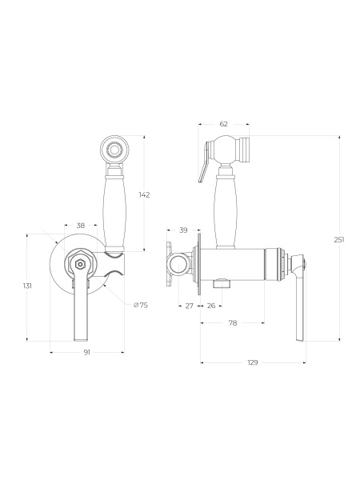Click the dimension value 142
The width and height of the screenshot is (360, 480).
[x=144, y=194]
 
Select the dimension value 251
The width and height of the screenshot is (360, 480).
[x=339, y=239]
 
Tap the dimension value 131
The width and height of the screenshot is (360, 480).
[x=27, y=286]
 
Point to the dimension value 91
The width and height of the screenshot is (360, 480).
[x=87, y=352]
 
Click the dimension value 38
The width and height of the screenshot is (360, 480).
[x=81, y=226]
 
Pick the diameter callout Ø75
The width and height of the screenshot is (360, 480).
[x=141, y=305]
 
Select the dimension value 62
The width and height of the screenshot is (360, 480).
[x=224, y=124]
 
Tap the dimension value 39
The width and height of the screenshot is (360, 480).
[x=183, y=230]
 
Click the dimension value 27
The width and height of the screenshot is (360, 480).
[x=190, y=306]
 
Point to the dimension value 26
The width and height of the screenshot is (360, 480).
[x=211, y=306]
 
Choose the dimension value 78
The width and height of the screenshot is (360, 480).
[x=233, y=323]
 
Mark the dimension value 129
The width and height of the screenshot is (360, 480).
[x=253, y=362]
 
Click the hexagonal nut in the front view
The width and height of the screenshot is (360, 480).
[x=80, y=263]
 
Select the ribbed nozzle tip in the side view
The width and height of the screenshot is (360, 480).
[x=244, y=150]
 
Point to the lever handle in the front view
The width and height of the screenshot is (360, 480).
[x=82, y=308]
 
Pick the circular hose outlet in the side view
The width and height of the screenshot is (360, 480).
[x=178, y=264]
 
